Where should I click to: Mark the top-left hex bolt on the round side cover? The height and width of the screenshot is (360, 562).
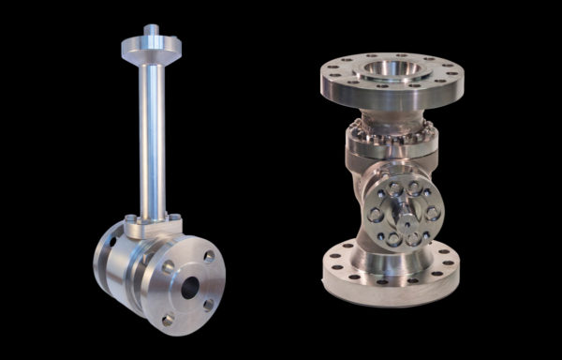pyautogui.click(x=385, y=191)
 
